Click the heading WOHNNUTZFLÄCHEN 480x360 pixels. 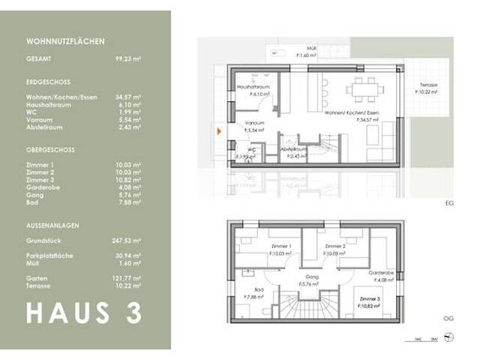click(65, 42)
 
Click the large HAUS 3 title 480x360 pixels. click(83, 312)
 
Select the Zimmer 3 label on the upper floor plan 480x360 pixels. click(366, 300)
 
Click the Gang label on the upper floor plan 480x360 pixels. click(311, 277)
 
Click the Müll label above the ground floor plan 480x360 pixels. click(301, 49)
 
